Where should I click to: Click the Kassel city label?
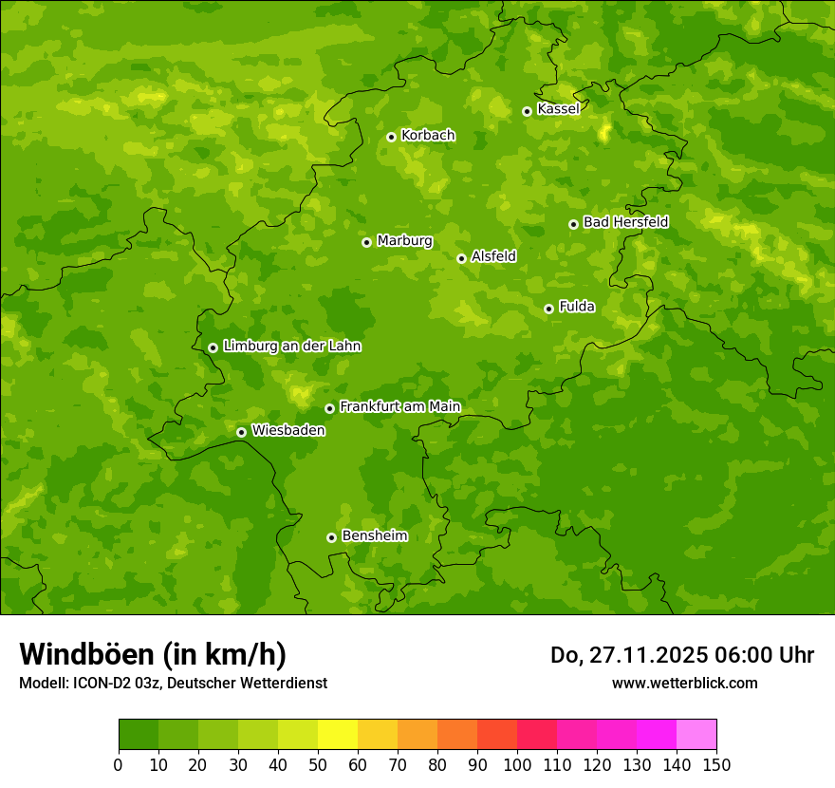click(x=558, y=109)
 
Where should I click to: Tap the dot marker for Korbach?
click(x=391, y=137)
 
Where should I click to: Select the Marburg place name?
click(x=404, y=241)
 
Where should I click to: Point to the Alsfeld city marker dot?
click(x=461, y=258)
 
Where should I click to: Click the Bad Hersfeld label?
click(x=625, y=222)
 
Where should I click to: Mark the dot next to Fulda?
click(x=548, y=309)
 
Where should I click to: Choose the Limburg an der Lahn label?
click(x=291, y=347)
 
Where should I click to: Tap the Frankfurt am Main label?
click(x=399, y=406)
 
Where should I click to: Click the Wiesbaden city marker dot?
click(x=241, y=432)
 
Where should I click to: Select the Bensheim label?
click(x=374, y=535)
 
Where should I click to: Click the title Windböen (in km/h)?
click(x=153, y=654)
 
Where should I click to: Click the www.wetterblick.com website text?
click(x=684, y=683)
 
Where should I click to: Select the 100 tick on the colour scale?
click(x=517, y=764)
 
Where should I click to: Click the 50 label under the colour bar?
click(x=318, y=764)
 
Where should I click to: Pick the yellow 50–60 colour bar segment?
click(x=338, y=735)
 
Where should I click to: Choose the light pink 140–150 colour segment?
click(x=696, y=735)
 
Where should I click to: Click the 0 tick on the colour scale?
click(x=119, y=764)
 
